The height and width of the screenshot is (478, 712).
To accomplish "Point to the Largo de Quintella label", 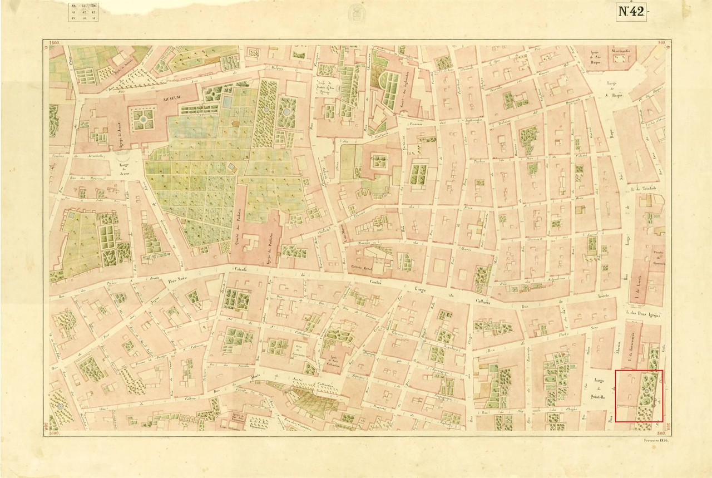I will pyautogui.click(x=600, y=388).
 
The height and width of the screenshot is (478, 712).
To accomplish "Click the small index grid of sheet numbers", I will pyautogui.click(x=82, y=11).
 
